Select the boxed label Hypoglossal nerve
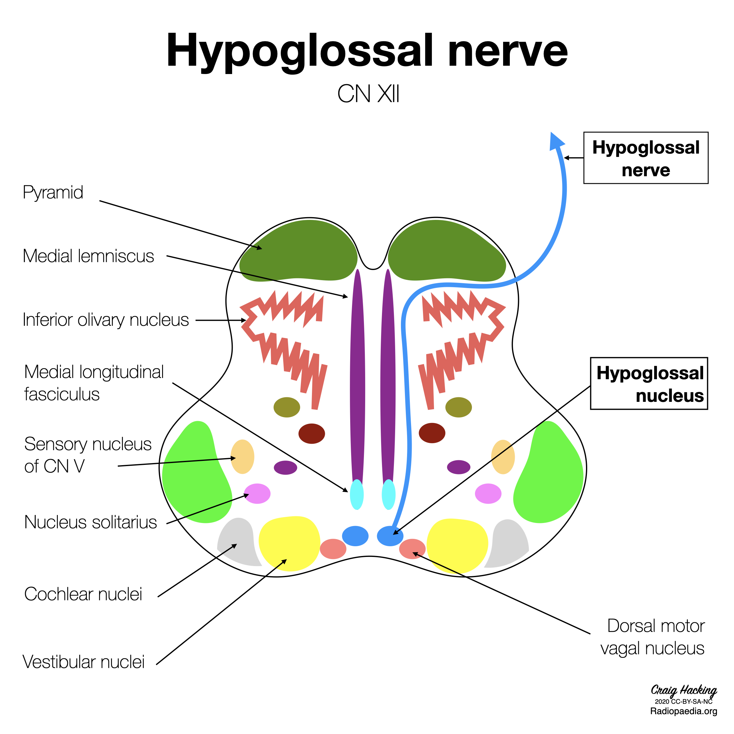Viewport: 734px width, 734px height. pyautogui.click(x=646, y=158)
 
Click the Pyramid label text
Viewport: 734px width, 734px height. pyautogui.click(x=53, y=193)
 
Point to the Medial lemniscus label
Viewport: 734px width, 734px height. pyautogui.click(x=88, y=256)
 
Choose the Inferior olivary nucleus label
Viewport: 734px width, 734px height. pyautogui.click(x=106, y=320)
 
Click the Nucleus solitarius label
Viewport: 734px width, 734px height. pyautogui.click(x=91, y=522)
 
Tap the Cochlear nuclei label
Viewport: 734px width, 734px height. pyautogui.click(x=83, y=594)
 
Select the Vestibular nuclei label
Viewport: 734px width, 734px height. pyautogui.click(x=83, y=662)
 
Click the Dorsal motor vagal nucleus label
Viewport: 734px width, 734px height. pyautogui.click(x=652, y=637)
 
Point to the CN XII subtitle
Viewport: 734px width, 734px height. pyautogui.click(x=368, y=94)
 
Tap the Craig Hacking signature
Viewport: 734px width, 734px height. pyautogui.click(x=684, y=690)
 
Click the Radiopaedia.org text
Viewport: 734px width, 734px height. pyautogui.click(x=684, y=711)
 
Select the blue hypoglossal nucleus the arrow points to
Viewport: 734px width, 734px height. pyautogui.click(x=390, y=536)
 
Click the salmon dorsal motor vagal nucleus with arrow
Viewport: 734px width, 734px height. pyautogui.click(x=412, y=549)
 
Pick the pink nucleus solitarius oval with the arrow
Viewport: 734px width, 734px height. pyautogui.click(x=257, y=494)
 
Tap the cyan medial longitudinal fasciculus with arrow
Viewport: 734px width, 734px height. pyautogui.click(x=357, y=494)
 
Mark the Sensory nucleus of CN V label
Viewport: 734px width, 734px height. pyautogui.click(x=88, y=455)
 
